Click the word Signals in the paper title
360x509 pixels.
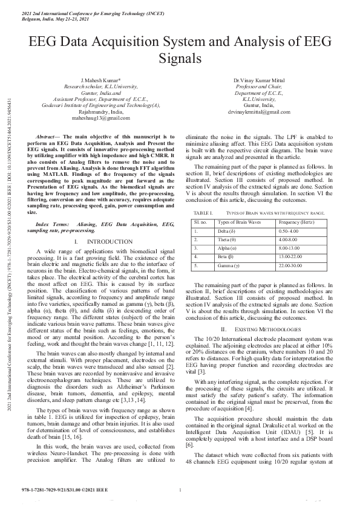[180, 59]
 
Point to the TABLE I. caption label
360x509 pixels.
[203, 213]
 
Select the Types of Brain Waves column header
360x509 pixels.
[238, 223]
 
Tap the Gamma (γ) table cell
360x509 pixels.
[229, 265]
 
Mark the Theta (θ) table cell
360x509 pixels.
[227, 240]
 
